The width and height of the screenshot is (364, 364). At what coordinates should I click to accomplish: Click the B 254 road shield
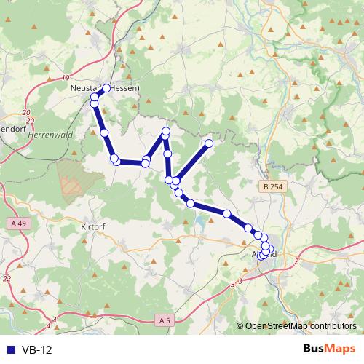pyautogui.click(x=271, y=188)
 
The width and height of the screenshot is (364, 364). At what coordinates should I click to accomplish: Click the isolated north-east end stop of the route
pyautogui.click(x=209, y=143)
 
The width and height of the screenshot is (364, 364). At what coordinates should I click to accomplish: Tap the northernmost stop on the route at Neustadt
pyautogui.click(x=106, y=88)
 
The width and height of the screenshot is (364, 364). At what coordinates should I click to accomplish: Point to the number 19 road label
pyautogui.click(x=66, y=77)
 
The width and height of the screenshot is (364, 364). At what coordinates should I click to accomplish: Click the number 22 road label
pyautogui.click(x=7, y=278)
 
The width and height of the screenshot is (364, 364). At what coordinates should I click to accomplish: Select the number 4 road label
pyautogui.click(x=55, y=320)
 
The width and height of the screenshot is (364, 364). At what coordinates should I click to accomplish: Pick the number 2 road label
pyautogui.click(x=297, y=261)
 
